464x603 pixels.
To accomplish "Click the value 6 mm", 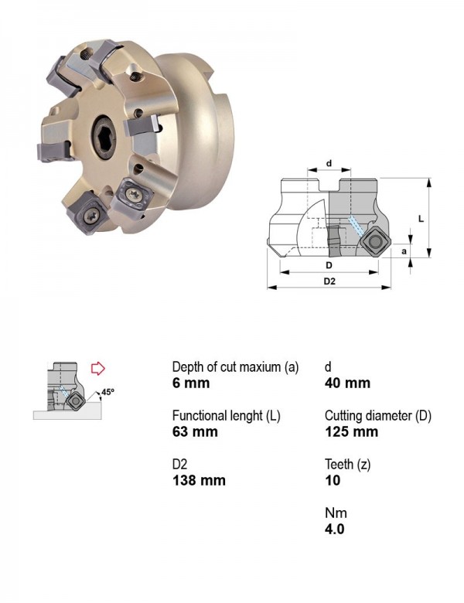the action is (x=191, y=383).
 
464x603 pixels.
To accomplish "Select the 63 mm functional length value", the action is (x=195, y=431).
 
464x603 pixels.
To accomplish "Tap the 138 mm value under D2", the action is (x=199, y=480).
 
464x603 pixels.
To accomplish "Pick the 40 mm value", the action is (x=347, y=383).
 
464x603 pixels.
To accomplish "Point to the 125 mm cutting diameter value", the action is (x=351, y=431).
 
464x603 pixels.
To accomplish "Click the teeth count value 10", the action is (x=333, y=480).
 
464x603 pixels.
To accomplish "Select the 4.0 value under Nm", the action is (x=334, y=529).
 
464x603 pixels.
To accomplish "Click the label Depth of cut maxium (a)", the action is (x=235, y=367).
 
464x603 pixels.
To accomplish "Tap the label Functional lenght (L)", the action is (x=227, y=416).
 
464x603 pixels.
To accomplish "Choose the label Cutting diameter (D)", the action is (x=378, y=416).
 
